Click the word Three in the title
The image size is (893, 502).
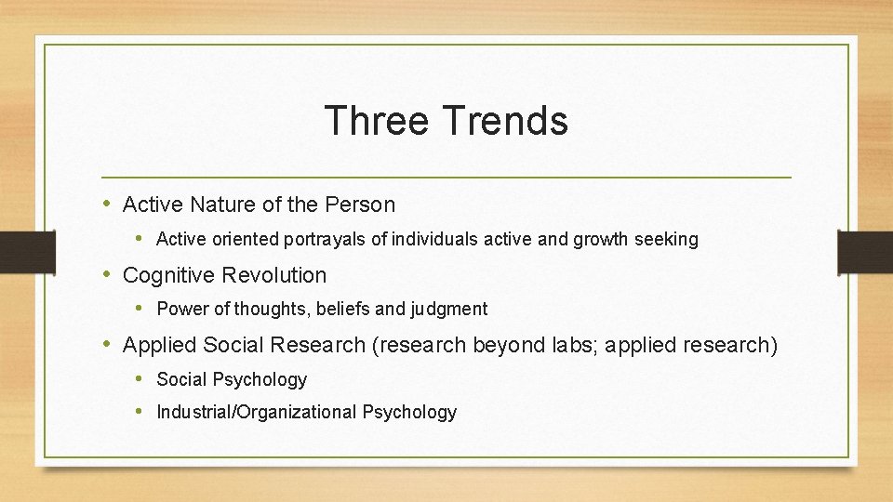pyautogui.click(x=377, y=121)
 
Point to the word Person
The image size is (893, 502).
pyautogui.click(x=363, y=204)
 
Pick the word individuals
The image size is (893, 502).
pyautogui.click(x=434, y=240)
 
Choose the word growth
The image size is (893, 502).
pyautogui.click(x=602, y=240)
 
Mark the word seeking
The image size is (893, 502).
pyautogui.click(x=666, y=240)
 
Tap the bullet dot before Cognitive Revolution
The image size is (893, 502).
pyautogui.click(x=107, y=274)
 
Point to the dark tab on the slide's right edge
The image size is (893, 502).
pyautogui.click(x=865, y=251)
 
